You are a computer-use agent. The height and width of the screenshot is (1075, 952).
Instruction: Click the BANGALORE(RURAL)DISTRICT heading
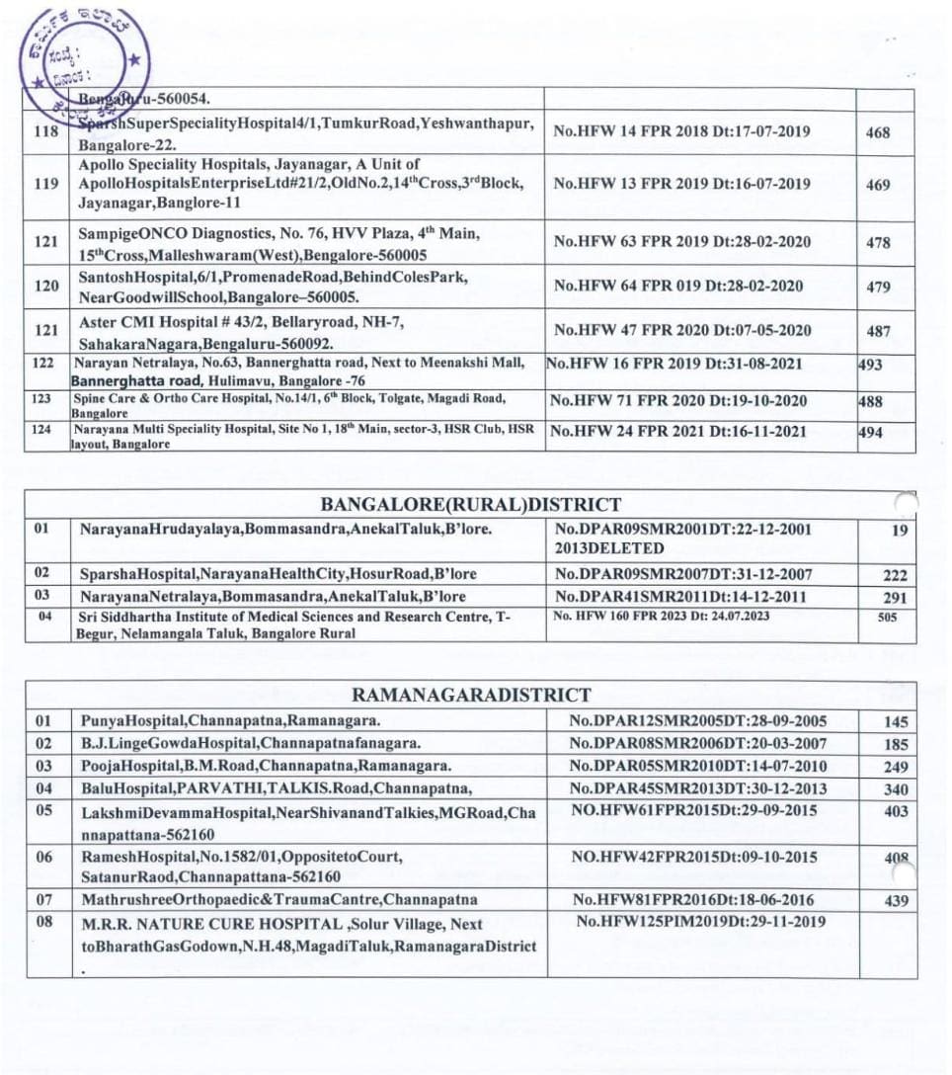click(470, 506)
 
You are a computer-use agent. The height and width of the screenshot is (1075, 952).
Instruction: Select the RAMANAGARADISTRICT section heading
click(471, 695)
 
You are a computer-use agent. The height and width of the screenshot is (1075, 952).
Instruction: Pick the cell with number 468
click(877, 132)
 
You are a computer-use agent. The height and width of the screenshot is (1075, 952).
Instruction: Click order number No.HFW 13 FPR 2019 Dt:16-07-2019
click(681, 184)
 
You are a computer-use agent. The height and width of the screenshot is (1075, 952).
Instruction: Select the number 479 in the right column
click(877, 287)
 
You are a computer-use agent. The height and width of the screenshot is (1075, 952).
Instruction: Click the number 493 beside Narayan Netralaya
click(870, 365)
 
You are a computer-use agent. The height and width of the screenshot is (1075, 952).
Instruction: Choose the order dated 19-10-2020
click(677, 401)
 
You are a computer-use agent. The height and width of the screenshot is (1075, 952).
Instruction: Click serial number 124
click(40, 430)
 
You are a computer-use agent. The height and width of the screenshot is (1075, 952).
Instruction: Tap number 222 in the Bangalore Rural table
click(895, 575)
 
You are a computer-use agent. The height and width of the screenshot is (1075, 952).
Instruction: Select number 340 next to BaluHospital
click(895, 789)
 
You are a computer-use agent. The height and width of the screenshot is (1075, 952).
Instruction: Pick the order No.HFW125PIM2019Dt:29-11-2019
click(701, 922)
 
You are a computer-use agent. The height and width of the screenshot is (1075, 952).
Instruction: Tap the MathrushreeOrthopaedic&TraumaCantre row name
click(279, 900)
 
